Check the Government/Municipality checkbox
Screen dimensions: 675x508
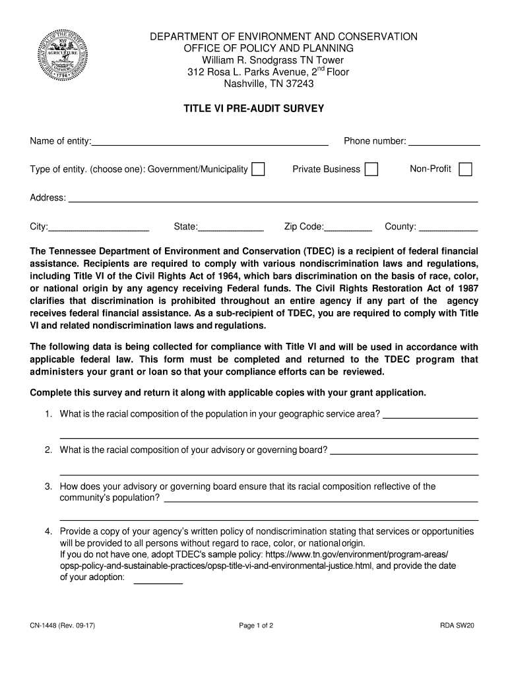[x=258, y=169]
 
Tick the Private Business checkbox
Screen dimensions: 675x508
[x=371, y=169]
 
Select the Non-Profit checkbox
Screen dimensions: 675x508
[x=465, y=169]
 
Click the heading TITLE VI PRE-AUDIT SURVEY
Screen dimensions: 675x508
[x=254, y=108]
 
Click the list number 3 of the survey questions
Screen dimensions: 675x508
[x=48, y=486]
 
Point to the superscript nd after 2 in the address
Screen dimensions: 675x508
[x=319, y=69]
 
